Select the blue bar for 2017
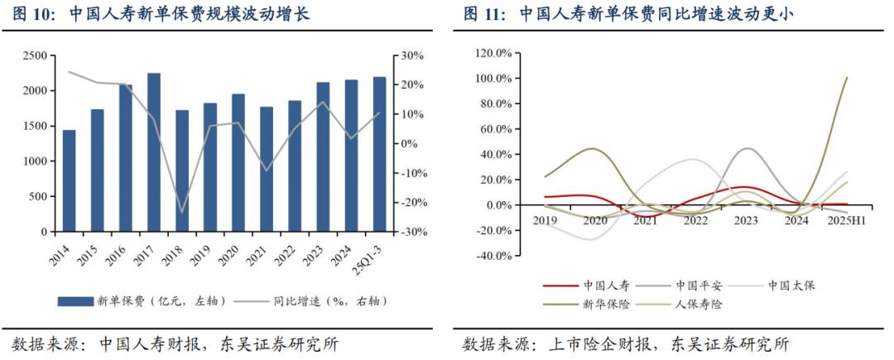pyautogui.click(x=154, y=152)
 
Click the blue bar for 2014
pyautogui.click(x=69, y=181)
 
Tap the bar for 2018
pyautogui.click(x=182, y=170)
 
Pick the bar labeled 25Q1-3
pyautogui.click(x=380, y=155)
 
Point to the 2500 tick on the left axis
pyautogui.click(x=36, y=55)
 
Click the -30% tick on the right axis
pyautogui.click(x=411, y=233)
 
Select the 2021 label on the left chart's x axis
pyautogui.click(x=257, y=253)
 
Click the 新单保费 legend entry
pyautogui.click(x=142, y=301)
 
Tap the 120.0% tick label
pyautogui.click(x=496, y=53)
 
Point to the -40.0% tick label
pyautogui.click(x=496, y=256)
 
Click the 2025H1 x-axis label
pyautogui.click(x=846, y=220)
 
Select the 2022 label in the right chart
pyautogui.click(x=695, y=220)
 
